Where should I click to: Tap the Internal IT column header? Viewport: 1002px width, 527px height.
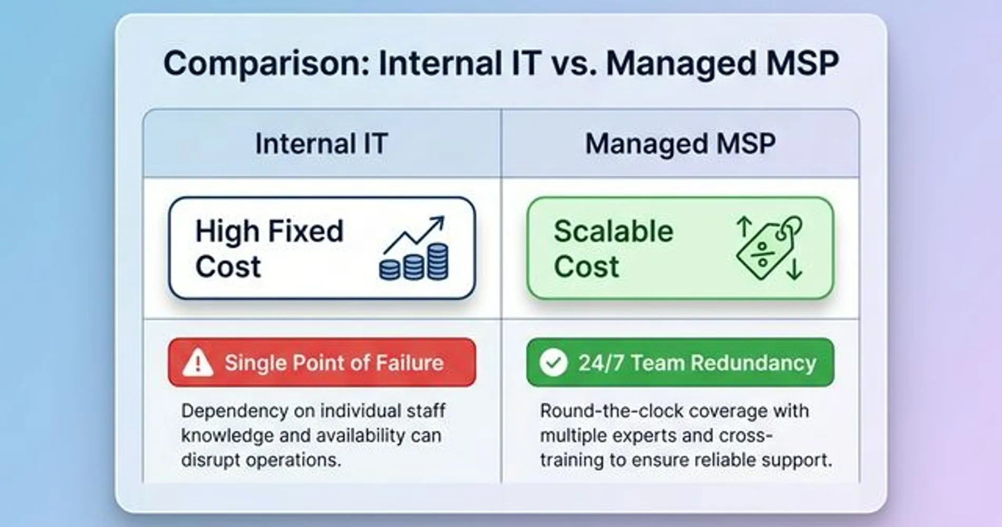[x=322, y=143]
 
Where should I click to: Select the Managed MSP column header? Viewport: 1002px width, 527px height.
[x=680, y=143]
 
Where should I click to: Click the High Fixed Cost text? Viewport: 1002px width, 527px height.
[x=269, y=248]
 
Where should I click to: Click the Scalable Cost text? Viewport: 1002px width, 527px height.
[x=613, y=248]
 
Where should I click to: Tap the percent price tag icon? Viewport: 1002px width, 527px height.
[x=769, y=248]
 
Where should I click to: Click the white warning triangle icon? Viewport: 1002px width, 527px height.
[x=198, y=362]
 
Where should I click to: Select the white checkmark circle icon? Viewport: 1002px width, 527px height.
[x=554, y=362]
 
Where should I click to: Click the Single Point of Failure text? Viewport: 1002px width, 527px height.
[x=334, y=363]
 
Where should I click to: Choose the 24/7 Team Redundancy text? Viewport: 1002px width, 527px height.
[x=697, y=363]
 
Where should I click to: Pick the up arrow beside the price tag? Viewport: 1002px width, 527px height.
[x=744, y=227]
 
